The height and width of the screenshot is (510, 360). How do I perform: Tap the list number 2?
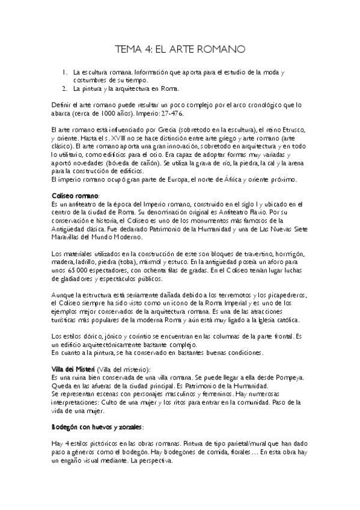coord(64,89)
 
